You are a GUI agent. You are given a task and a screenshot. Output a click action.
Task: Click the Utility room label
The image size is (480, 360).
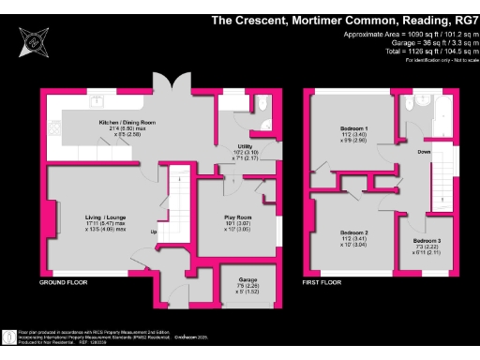[x=245, y=146]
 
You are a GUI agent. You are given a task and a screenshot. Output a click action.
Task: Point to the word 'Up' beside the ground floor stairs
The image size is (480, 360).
[x=153, y=232]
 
